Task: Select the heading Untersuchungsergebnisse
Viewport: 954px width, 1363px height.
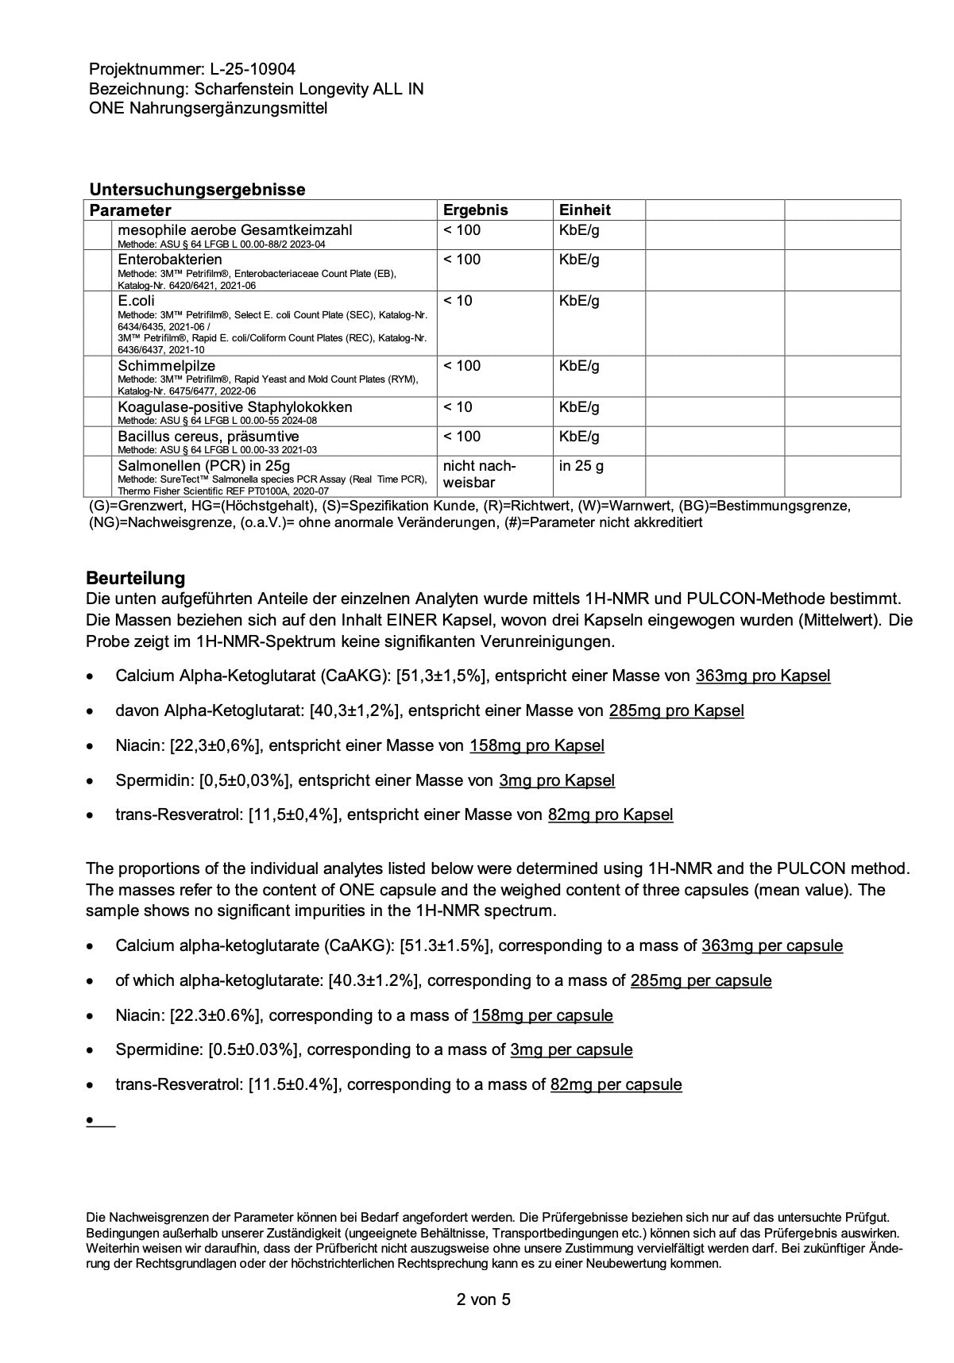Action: (x=197, y=190)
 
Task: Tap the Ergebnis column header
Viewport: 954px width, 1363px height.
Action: (x=475, y=210)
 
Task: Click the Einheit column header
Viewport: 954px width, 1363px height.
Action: (x=585, y=210)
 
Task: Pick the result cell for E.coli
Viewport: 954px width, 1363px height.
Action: (x=458, y=301)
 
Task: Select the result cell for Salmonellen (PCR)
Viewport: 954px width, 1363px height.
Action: (x=479, y=474)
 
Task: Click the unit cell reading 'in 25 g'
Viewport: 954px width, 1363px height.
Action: (x=581, y=466)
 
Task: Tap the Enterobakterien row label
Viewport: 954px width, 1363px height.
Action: (x=170, y=260)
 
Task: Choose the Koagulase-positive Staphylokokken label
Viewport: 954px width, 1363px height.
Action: (x=235, y=407)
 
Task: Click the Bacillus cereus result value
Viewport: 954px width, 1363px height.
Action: (x=462, y=437)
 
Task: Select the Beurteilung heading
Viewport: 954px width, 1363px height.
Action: (x=135, y=578)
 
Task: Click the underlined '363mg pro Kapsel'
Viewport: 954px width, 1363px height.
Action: (x=763, y=676)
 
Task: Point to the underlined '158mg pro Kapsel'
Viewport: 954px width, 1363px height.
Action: (x=536, y=745)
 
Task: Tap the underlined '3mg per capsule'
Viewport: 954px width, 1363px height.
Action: (x=571, y=1049)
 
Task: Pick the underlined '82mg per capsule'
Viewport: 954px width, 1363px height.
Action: (x=616, y=1084)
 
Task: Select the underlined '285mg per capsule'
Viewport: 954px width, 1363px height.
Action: (x=701, y=980)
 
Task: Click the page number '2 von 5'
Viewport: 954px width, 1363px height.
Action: (x=483, y=1299)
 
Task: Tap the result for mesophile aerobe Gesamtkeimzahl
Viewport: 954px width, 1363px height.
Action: (x=462, y=230)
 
